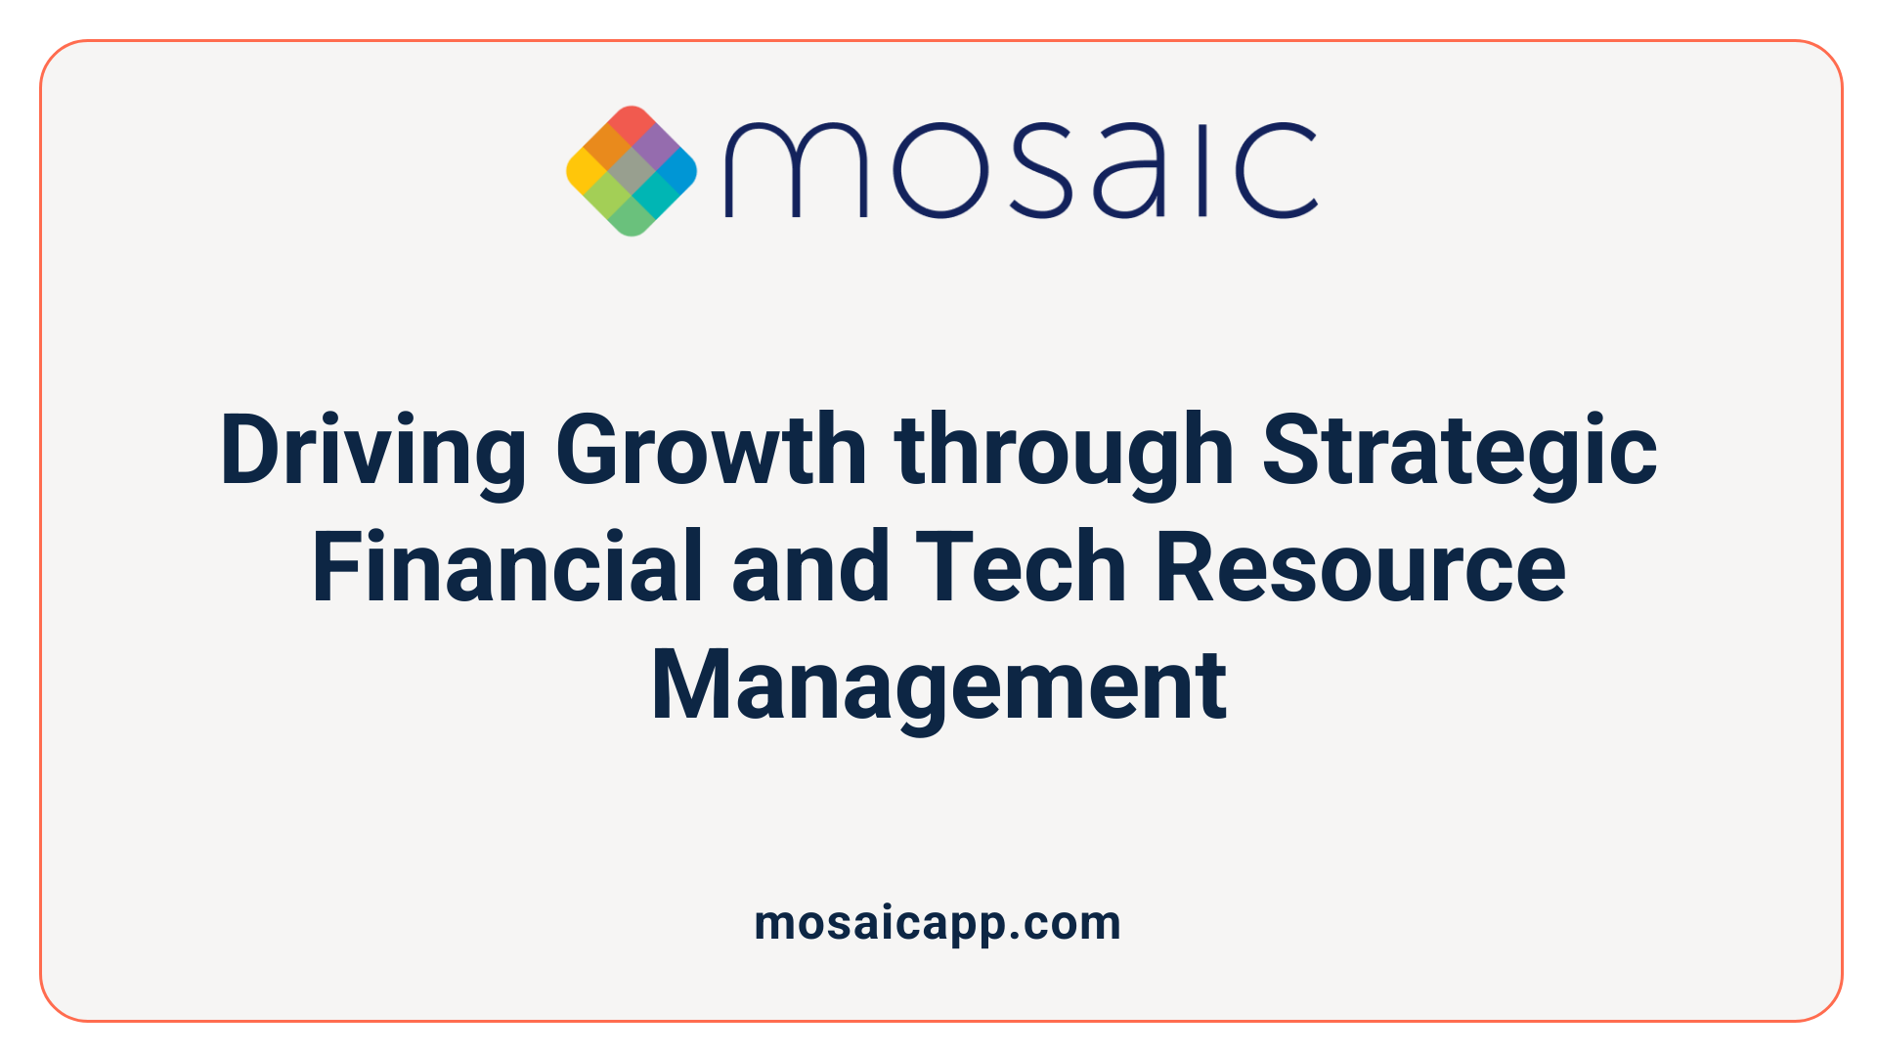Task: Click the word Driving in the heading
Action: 373,450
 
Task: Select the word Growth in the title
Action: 711,450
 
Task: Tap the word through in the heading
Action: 1064,450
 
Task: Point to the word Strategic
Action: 1459,450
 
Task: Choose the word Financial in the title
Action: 507,567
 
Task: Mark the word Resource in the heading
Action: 1360,567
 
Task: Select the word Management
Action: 938,684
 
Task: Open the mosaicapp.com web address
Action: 938,923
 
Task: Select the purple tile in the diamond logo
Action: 655,148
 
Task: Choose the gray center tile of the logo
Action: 632,171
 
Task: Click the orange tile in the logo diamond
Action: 608,148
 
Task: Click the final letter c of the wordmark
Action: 1277,170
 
